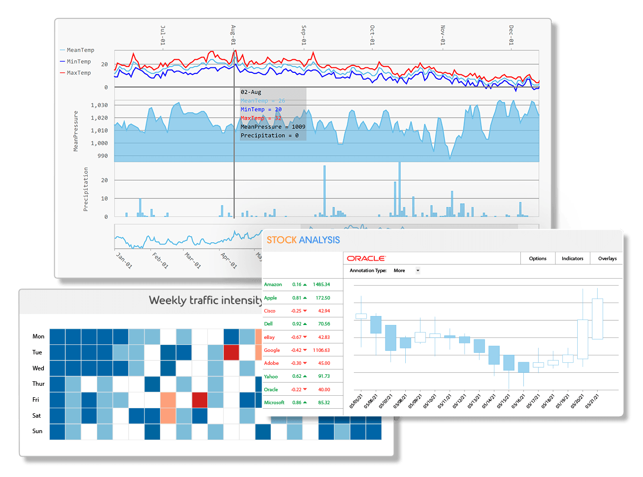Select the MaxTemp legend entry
(x=78, y=73)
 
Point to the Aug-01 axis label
(x=233, y=35)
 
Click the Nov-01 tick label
(x=443, y=35)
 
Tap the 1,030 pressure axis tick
(x=99, y=105)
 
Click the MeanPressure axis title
(x=76, y=131)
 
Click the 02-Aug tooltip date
(x=251, y=92)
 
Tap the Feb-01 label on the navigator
(x=161, y=260)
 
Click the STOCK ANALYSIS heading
(x=303, y=240)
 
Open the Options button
(x=537, y=258)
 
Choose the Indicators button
(x=572, y=258)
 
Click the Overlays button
(x=607, y=258)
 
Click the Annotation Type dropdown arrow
(x=418, y=271)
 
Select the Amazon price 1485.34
(x=321, y=285)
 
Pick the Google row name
(x=272, y=350)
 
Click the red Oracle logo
(x=366, y=258)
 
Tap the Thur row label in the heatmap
(x=38, y=384)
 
